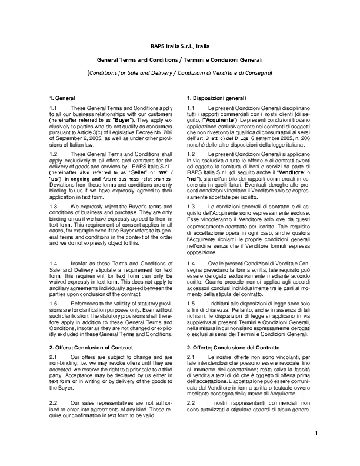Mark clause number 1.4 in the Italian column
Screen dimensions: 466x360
point(191,263)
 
